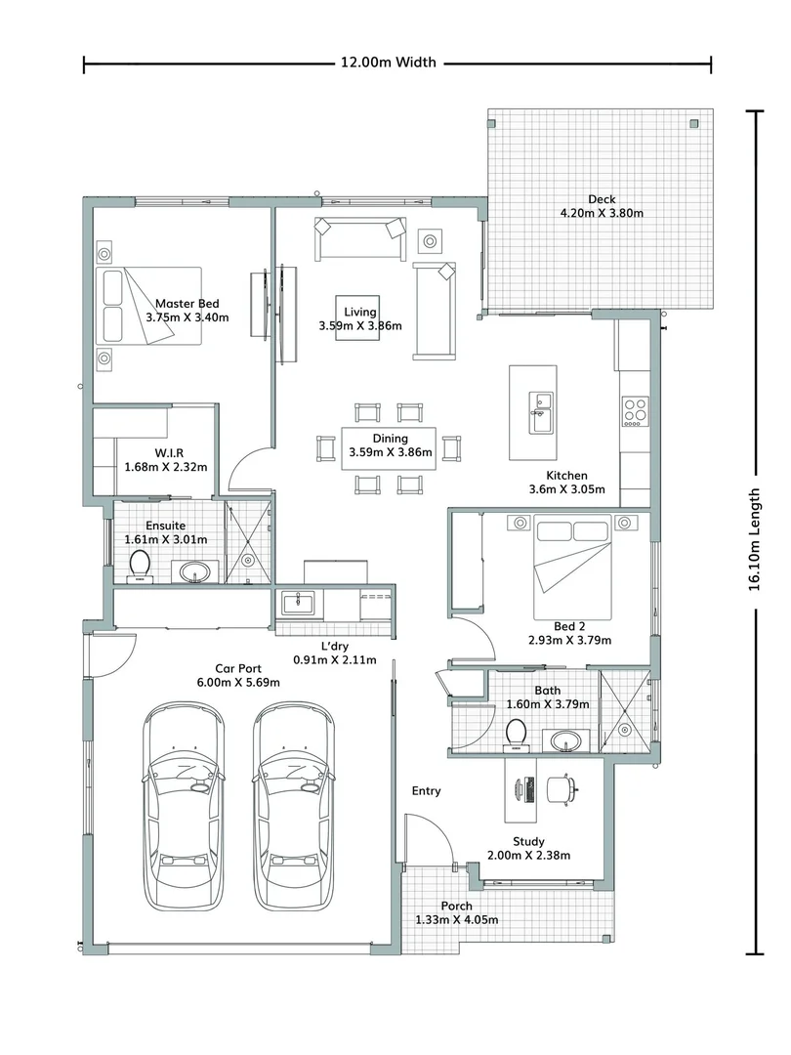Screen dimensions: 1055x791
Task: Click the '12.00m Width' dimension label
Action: (388, 63)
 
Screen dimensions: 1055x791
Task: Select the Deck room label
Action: (602, 199)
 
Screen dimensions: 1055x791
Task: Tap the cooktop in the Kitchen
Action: (635, 411)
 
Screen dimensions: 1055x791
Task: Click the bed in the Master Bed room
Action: (148, 306)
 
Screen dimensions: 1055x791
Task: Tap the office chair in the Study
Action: (560, 788)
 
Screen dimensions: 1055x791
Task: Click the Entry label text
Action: (426, 791)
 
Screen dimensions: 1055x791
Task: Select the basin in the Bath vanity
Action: (565, 740)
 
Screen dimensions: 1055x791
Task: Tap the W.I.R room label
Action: (164, 453)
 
